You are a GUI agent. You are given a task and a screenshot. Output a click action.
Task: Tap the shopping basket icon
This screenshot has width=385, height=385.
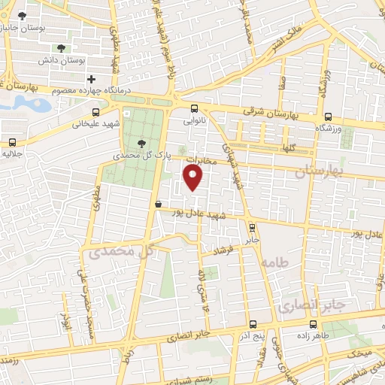[158, 203]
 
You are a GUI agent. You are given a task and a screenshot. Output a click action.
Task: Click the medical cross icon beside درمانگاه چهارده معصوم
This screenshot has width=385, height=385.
[91, 79]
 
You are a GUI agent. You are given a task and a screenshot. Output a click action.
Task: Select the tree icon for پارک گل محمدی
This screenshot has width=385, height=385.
[143, 143]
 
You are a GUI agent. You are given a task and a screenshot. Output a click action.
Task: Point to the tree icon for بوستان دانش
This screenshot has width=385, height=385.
[60, 48]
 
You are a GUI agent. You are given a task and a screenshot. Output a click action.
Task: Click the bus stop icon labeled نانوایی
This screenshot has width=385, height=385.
[194, 108]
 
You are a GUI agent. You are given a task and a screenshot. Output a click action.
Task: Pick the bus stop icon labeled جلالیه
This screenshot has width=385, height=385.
[13, 142]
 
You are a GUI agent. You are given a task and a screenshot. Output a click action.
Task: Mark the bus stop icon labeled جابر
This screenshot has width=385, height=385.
[252, 228]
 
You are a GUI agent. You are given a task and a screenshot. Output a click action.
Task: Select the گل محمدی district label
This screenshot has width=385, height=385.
[122, 252]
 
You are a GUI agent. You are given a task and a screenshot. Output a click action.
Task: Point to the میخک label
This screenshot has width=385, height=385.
[359, 353]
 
